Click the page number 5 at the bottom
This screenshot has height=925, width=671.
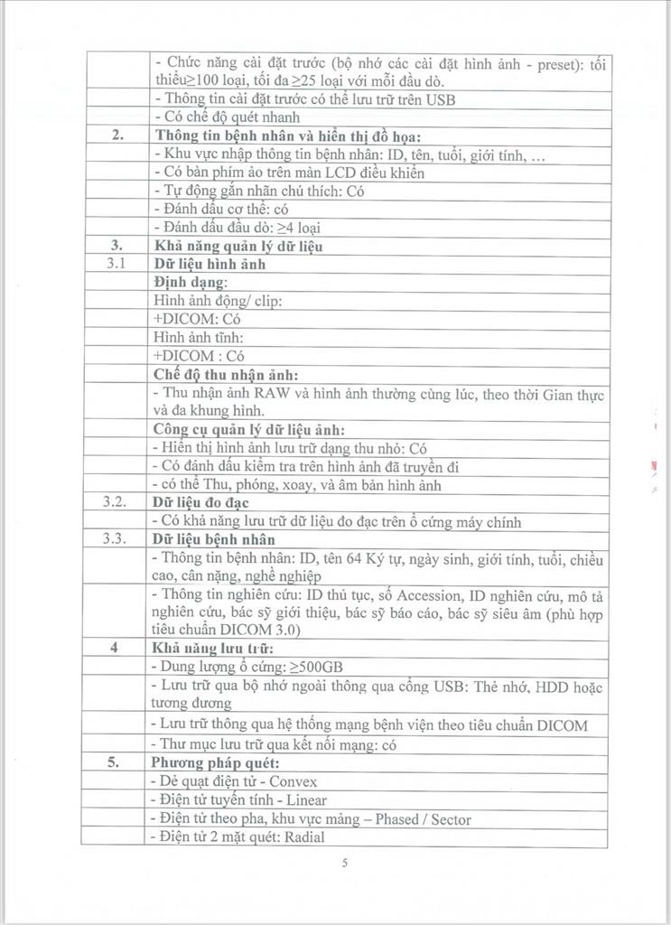pos(345,863)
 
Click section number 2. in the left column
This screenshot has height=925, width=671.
pos(116,135)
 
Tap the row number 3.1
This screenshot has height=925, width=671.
pos(115,264)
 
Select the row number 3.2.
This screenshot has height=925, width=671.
pos(116,502)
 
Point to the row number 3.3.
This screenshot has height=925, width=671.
pos(116,540)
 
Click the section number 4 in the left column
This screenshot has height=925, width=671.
pos(116,648)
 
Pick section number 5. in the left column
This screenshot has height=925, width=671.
pos(116,761)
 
